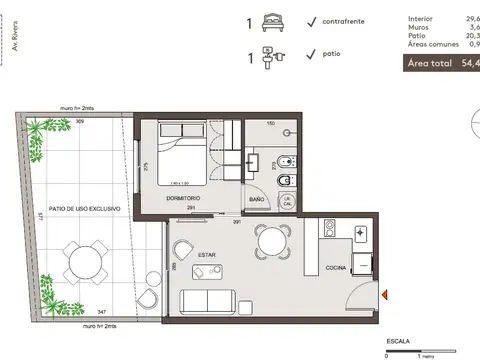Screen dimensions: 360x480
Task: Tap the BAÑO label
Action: tap(257, 199)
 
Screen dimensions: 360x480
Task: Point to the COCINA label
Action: tap(336, 268)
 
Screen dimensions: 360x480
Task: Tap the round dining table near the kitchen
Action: tap(269, 239)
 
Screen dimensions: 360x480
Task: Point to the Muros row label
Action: tap(420, 29)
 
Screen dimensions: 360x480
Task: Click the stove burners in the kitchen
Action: tap(359, 233)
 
